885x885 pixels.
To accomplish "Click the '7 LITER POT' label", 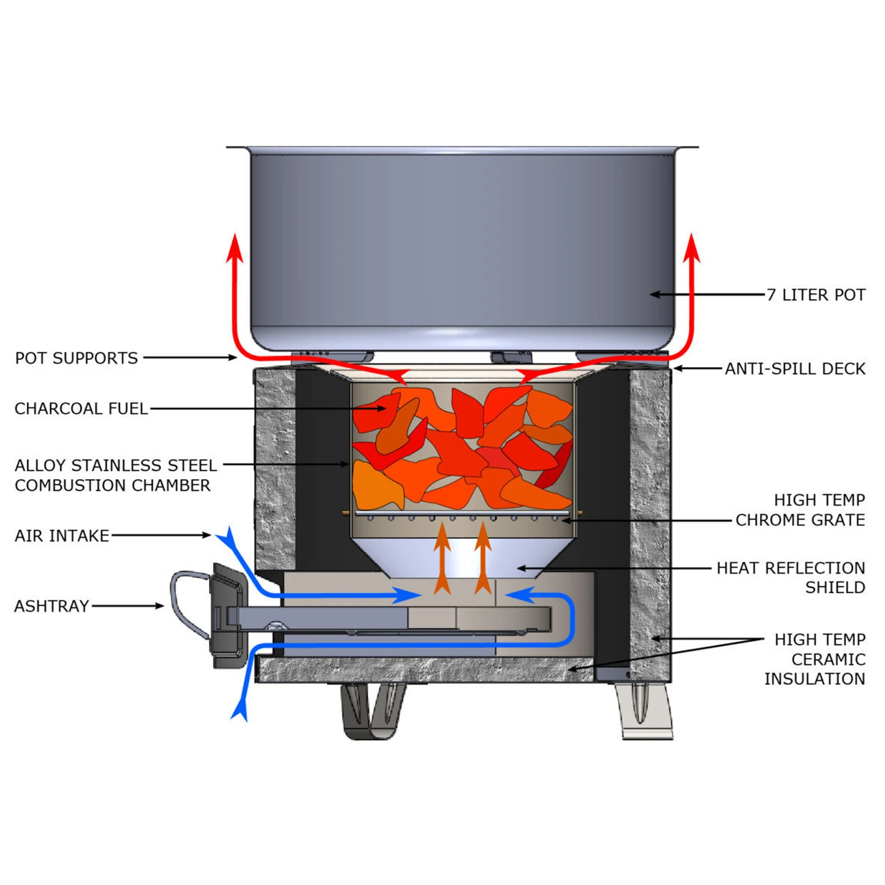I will tap(816, 295).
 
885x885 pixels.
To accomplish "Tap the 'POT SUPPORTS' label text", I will tap(76, 358).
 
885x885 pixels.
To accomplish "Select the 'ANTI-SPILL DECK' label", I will tap(795, 369).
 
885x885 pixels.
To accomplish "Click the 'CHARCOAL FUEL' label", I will tap(81, 409).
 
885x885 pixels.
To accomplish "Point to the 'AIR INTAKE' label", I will tap(62, 536).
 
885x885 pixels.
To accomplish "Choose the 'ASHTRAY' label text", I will tap(51, 606).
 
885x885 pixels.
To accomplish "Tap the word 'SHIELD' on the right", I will tap(835, 588).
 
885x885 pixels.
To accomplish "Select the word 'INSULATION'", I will tap(814, 679).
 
